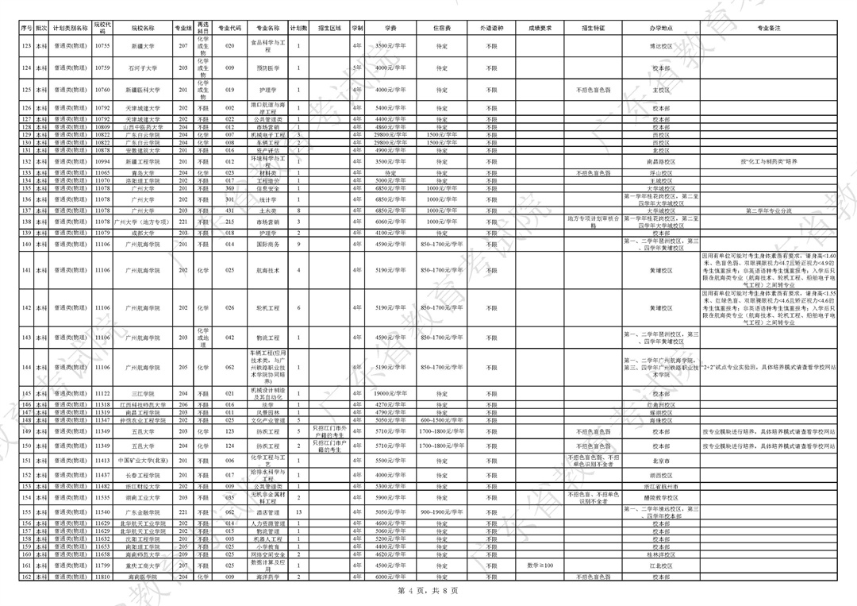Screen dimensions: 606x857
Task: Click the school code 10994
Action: [x=102, y=161]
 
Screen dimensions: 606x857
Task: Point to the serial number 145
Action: [x=26, y=394]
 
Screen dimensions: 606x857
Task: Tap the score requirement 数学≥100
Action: [x=540, y=565]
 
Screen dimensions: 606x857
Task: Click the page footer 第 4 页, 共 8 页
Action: [x=428, y=591]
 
